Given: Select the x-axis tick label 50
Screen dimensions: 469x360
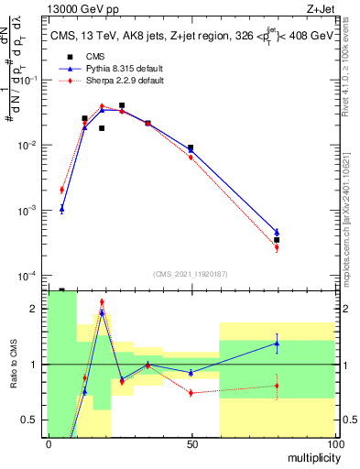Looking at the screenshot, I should [191, 444].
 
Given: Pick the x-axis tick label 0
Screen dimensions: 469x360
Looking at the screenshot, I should [48, 444].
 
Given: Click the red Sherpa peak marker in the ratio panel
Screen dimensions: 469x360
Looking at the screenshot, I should [102, 301].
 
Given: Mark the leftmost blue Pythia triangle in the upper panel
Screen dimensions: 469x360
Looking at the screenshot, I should [61, 209].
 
